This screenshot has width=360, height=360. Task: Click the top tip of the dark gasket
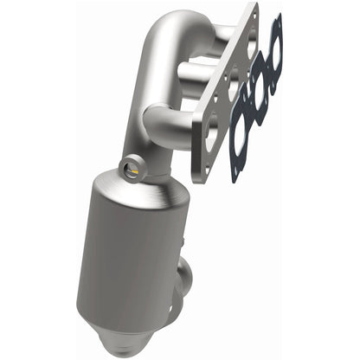[x=277, y=17]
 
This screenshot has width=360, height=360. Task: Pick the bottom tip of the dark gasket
[x=235, y=180]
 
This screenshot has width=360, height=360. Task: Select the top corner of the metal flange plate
[x=256, y=7]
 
